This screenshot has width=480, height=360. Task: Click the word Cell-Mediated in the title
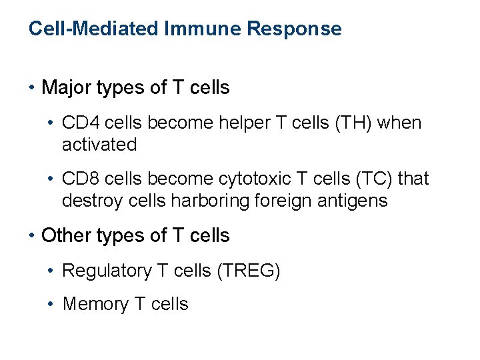91,29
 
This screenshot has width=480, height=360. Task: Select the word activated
99,144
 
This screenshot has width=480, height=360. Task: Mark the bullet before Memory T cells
52,304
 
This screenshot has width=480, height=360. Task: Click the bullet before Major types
32,87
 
